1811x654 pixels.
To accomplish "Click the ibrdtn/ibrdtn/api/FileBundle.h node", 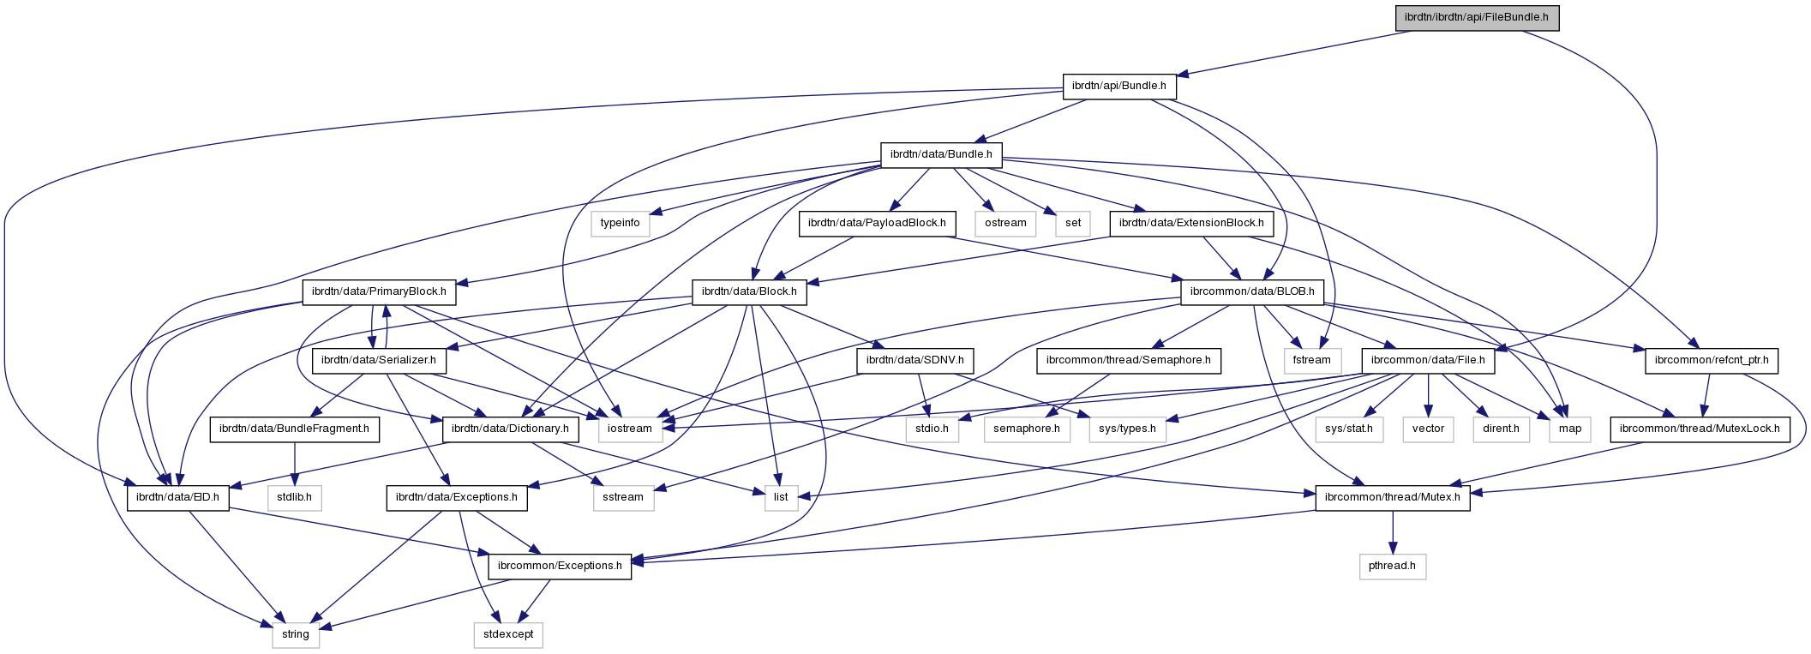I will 1476,18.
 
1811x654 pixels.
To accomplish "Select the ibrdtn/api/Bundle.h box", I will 1119,86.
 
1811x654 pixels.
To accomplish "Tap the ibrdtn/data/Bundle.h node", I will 941,154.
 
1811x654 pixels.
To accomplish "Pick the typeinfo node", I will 620,223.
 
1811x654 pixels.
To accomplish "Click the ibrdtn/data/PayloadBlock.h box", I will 878,223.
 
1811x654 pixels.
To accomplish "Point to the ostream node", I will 1005,223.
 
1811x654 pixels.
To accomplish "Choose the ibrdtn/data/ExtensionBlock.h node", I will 1191,223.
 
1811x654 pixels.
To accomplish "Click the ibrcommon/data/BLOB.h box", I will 1252,291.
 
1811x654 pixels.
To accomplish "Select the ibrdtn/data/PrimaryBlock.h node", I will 379,291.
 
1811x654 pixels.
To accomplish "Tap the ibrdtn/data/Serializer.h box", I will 379,360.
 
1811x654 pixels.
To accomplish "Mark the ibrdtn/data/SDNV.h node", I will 915,360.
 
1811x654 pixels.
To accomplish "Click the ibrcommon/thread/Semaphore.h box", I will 1128,360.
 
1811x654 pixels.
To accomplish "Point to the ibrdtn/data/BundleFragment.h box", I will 294,429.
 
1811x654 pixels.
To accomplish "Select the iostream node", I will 630,429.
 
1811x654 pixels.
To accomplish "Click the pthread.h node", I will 1393,566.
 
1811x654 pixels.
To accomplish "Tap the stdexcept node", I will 508,634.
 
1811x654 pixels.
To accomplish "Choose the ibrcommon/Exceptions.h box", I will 560,566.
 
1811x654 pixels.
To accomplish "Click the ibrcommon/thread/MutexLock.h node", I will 1700,429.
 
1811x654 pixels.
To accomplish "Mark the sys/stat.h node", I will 1349,429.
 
